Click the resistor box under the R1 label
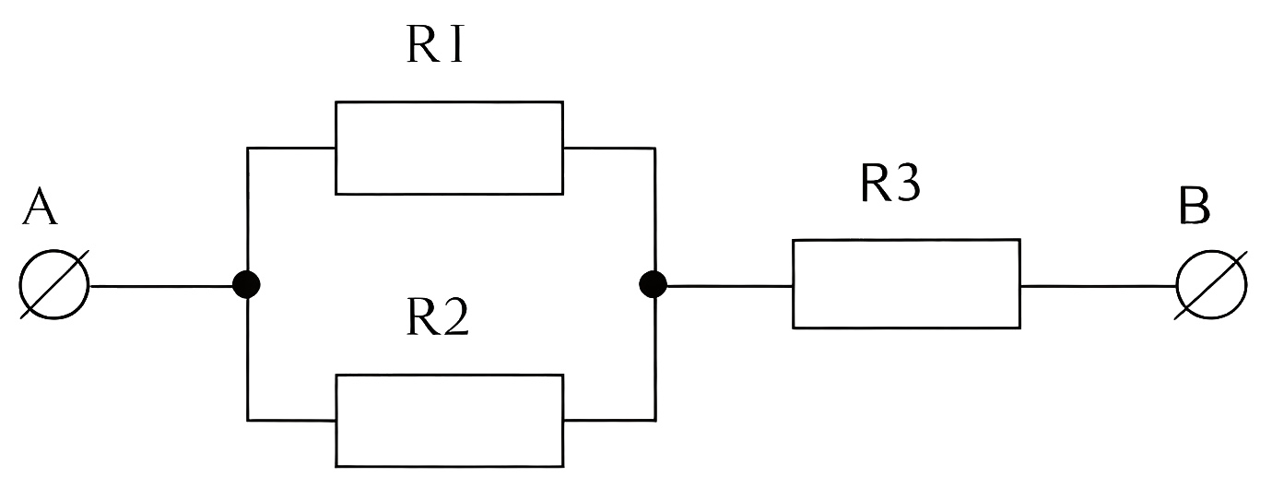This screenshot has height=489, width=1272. click(x=449, y=148)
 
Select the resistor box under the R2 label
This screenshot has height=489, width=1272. click(x=449, y=420)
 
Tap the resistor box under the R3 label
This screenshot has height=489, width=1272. click(x=906, y=283)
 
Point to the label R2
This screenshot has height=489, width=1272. click(x=438, y=319)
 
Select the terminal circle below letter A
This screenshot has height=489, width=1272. click(x=54, y=285)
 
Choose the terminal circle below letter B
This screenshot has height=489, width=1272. click(x=1211, y=285)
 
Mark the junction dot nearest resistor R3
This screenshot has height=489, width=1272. click(x=653, y=285)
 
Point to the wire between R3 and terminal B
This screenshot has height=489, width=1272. click(x=1097, y=286)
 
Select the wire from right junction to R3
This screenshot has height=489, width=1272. click(x=728, y=286)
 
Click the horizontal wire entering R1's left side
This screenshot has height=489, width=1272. click(x=291, y=148)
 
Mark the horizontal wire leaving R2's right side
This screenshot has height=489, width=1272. click(x=608, y=420)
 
